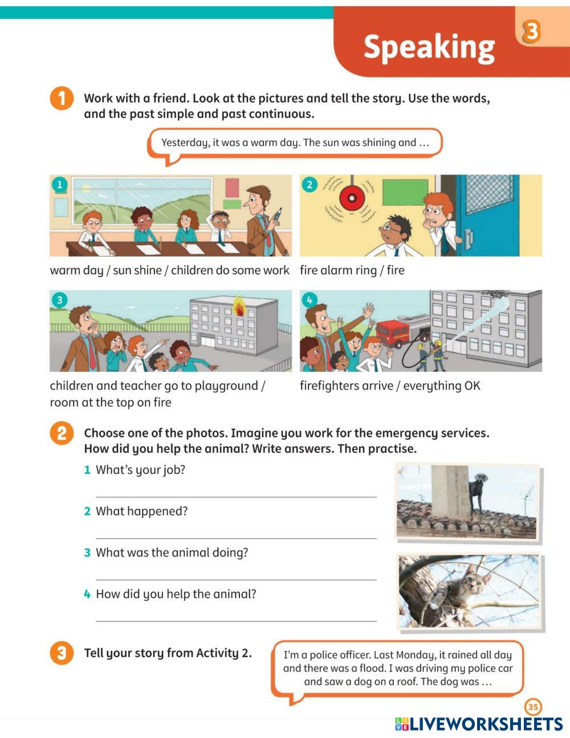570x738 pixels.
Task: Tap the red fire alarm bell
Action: click(352, 198)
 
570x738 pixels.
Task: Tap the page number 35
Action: click(533, 707)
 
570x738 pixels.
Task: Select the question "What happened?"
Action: click(141, 511)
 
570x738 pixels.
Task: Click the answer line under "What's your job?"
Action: click(236, 497)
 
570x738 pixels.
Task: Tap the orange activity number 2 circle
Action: click(62, 433)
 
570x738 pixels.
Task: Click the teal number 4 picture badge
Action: click(309, 300)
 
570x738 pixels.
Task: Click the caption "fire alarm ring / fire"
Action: click(352, 270)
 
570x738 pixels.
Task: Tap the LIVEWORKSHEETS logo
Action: click(479, 724)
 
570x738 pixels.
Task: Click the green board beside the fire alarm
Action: click(405, 193)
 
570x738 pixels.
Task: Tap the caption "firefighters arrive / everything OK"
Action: click(390, 386)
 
